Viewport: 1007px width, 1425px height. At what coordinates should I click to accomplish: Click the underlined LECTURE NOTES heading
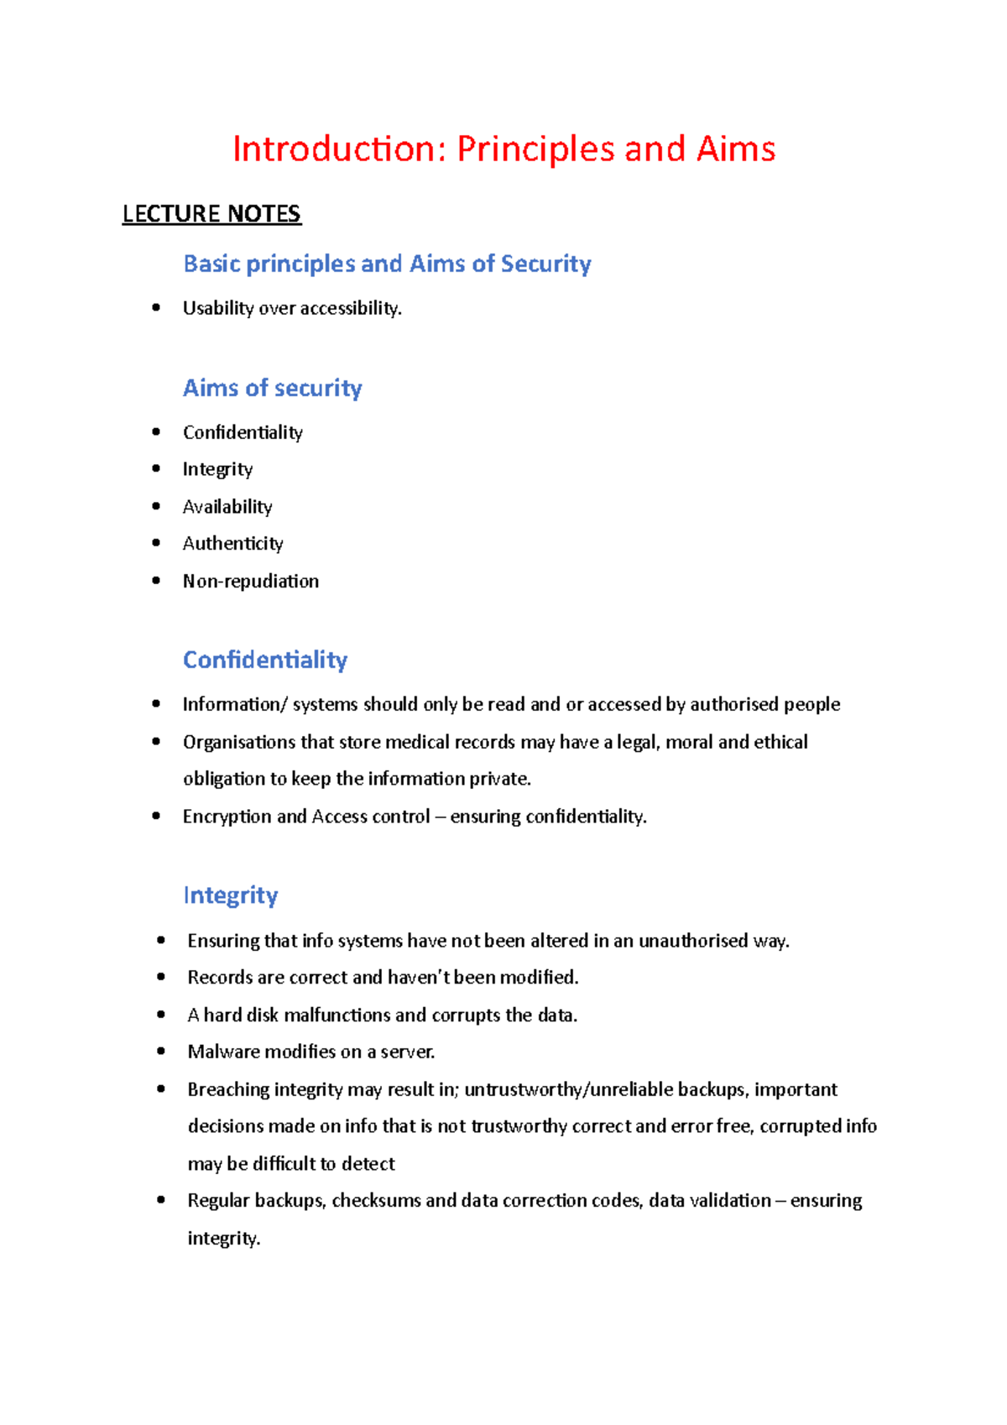pos(211,214)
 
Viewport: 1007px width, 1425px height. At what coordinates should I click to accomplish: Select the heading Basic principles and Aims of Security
pos(387,264)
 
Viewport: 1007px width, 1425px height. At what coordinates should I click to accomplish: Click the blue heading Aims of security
pos(272,388)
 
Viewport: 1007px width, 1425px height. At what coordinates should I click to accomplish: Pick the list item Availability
pos(227,507)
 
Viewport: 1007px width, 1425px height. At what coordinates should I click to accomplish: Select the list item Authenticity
pos(232,544)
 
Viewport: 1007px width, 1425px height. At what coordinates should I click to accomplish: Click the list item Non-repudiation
pos(250,581)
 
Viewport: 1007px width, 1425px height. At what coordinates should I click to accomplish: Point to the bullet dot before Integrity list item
pos(156,468)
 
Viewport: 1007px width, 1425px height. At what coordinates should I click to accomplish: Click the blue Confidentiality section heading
pos(265,660)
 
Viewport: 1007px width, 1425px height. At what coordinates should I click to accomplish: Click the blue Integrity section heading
pos(230,895)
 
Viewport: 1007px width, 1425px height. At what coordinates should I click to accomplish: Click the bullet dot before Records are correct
pos(161,977)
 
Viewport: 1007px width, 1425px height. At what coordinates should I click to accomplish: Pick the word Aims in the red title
pos(735,149)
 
